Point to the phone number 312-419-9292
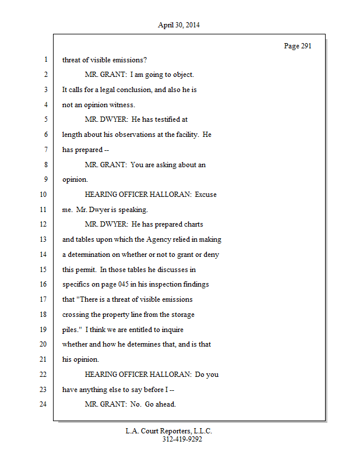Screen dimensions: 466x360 click(182, 439)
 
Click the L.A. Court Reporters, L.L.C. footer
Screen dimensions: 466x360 click(169, 431)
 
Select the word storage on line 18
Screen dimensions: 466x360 click(182, 315)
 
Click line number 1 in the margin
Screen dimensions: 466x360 click(45, 59)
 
